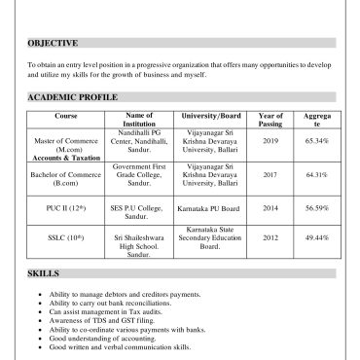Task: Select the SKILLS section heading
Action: coord(44,274)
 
